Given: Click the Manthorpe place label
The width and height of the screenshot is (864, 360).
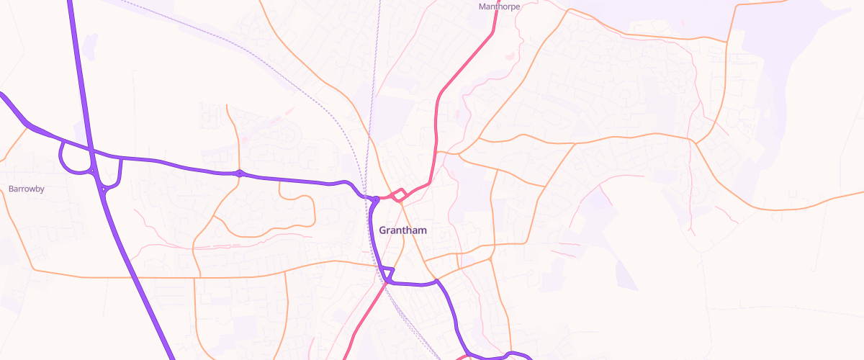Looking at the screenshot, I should click(x=499, y=6).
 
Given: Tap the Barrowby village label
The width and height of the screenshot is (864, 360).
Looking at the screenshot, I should click(x=27, y=189).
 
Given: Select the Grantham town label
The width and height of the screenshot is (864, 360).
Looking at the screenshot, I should click(x=402, y=230).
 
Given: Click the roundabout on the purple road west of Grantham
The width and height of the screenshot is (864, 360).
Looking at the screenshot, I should click(x=239, y=173).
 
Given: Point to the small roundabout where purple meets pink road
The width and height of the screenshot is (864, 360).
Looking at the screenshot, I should click(x=375, y=199).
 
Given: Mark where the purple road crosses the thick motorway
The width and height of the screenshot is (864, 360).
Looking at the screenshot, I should click(x=91, y=152).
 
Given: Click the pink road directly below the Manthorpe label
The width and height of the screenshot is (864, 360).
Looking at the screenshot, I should click(x=494, y=29).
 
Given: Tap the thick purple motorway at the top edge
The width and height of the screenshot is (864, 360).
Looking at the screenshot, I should click(x=71, y=4).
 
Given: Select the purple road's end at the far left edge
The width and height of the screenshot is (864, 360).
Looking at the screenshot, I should click(x=2, y=94).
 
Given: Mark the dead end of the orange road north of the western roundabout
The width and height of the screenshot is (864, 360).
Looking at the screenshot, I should click(x=227, y=107).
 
